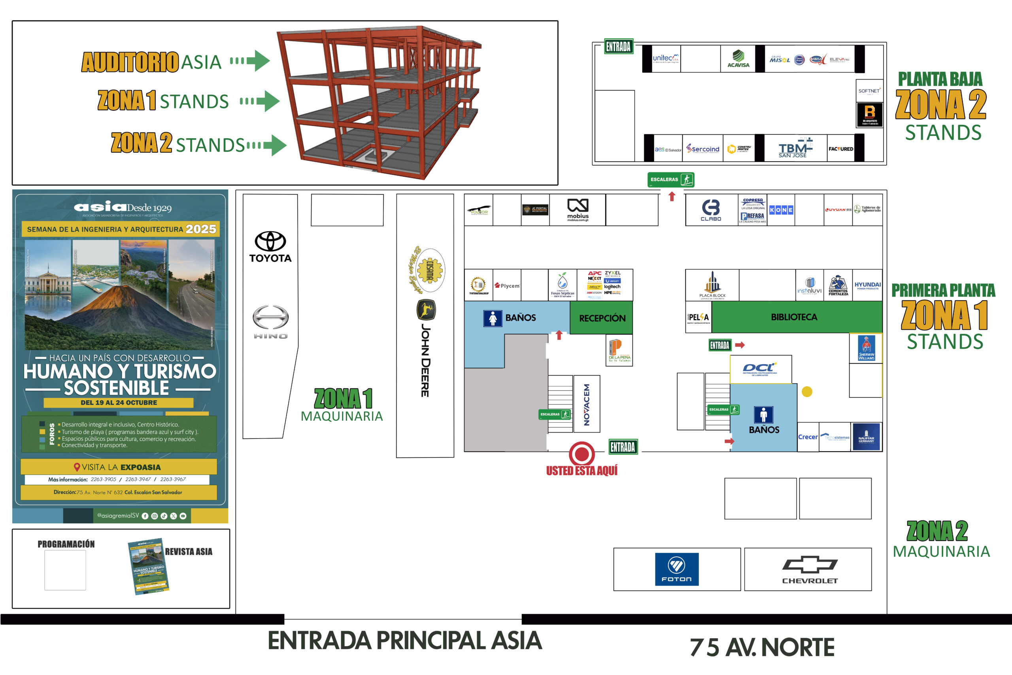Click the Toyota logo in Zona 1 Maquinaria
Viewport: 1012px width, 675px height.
(x=270, y=246)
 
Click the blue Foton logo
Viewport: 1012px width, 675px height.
(x=676, y=569)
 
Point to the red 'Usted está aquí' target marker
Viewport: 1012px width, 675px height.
(x=582, y=453)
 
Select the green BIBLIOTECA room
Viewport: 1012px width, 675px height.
(x=794, y=317)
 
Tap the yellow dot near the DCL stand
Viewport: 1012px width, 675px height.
(x=807, y=391)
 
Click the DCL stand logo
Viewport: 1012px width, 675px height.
(x=760, y=369)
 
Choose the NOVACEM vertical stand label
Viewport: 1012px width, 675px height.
(x=587, y=404)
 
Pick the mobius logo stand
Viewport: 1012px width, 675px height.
(x=578, y=210)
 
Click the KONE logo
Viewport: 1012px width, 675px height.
(x=781, y=210)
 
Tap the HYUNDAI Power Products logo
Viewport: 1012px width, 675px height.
(x=867, y=286)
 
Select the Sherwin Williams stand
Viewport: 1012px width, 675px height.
(x=866, y=348)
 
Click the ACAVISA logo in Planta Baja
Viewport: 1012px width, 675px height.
(x=738, y=59)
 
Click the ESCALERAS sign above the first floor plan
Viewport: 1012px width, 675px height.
(x=670, y=180)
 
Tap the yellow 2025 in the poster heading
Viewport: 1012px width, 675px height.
(x=201, y=229)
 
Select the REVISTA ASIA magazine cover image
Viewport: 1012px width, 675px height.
(x=149, y=566)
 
